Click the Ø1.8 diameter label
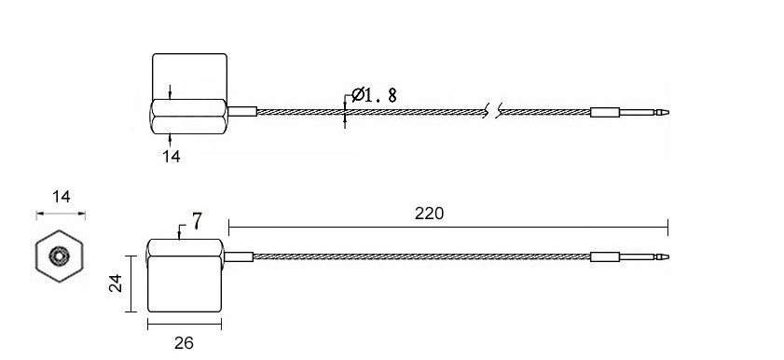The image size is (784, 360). point(373,94)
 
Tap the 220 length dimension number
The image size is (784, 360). point(429,214)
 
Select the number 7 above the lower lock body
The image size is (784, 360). point(197,221)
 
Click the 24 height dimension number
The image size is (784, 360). point(117,284)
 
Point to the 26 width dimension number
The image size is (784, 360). point(184,343)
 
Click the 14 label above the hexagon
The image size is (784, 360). point(61,197)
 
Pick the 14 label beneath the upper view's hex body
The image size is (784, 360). point(171,157)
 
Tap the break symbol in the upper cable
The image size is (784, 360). point(493,113)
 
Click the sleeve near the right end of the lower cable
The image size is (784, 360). point(604,256)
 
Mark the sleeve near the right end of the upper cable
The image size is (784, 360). point(604,113)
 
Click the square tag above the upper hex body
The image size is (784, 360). point(189,73)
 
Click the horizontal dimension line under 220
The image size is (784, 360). point(447,227)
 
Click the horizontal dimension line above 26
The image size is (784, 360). point(184,325)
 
